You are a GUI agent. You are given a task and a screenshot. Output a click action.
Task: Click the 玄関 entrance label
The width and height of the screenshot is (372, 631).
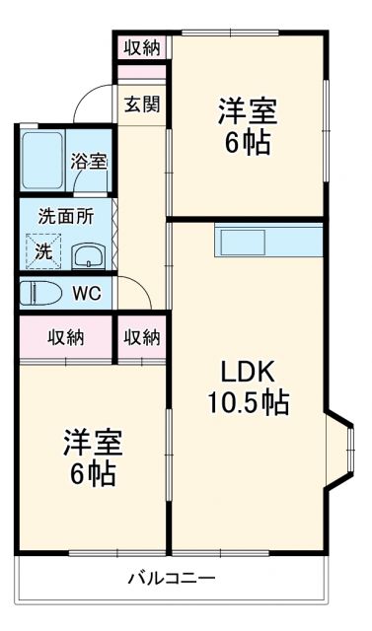(142, 104)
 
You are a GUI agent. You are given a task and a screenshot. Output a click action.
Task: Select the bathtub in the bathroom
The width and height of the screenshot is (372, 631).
(43, 161)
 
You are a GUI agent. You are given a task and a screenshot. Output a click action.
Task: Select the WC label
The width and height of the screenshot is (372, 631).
(90, 294)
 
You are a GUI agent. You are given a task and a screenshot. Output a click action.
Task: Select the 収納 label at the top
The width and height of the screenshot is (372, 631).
(142, 46)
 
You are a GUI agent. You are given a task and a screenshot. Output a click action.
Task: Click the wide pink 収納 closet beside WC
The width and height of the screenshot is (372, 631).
(66, 338)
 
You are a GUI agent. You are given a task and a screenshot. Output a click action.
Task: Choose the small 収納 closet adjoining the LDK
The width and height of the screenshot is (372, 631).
(142, 338)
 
